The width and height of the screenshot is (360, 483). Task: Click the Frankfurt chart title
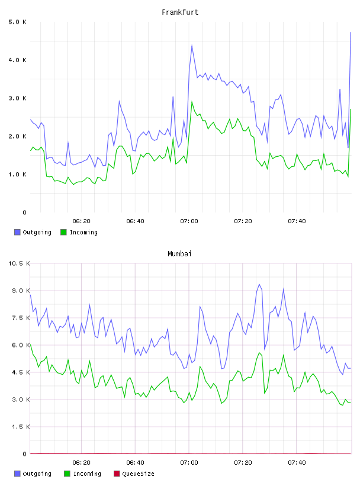click(x=180, y=12)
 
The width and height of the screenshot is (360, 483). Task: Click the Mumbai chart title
click(x=179, y=254)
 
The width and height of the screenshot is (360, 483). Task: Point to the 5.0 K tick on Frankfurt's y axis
click(x=18, y=22)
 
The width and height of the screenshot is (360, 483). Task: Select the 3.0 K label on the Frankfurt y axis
click(x=18, y=98)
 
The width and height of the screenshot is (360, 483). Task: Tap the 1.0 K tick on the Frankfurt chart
click(x=18, y=175)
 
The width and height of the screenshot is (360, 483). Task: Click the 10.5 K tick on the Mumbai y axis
click(x=19, y=263)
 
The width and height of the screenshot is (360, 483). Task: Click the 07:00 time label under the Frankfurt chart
click(x=189, y=221)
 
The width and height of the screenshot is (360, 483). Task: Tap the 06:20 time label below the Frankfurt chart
click(x=81, y=221)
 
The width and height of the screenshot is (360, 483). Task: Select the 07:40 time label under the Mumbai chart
click(x=297, y=463)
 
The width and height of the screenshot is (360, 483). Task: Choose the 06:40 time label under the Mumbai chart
click(x=136, y=463)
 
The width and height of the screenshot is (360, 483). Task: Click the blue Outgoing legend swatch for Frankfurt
click(x=17, y=232)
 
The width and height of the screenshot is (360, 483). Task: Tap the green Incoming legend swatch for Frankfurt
click(x=63, y=232)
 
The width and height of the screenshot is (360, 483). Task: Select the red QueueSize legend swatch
click(x=117, y=474)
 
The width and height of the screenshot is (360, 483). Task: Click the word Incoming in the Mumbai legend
click(x=87, y=474)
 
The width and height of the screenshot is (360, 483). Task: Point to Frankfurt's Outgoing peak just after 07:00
click(x=192, y=45)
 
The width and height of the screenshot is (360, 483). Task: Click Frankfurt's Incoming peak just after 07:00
click(x=192, y=102)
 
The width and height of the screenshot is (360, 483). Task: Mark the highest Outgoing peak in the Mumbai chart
click(x=259, y=284)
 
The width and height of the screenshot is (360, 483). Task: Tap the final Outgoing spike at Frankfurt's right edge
click(x=351, y=32)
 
